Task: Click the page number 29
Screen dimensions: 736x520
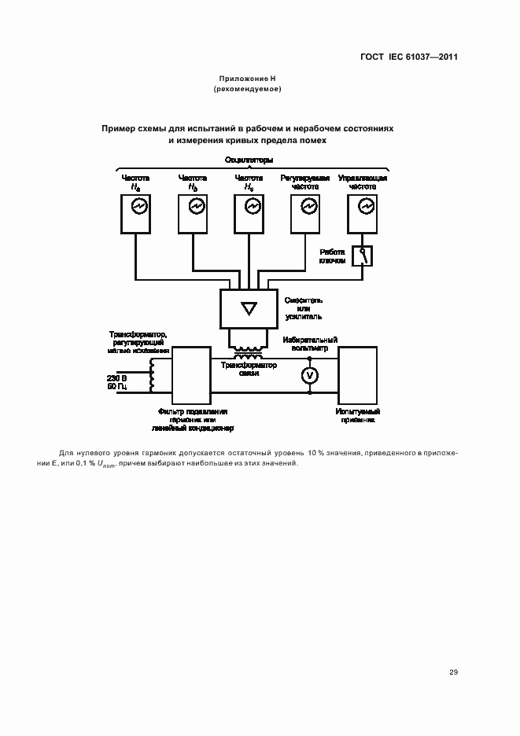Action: [453, 672]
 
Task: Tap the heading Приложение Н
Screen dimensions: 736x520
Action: [247, 79]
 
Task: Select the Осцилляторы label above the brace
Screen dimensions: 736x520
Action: [249, 160]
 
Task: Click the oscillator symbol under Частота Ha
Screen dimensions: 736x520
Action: [137, 206]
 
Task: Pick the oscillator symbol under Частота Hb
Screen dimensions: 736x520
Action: [195, 206]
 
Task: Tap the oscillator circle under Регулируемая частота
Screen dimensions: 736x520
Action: [308, 206]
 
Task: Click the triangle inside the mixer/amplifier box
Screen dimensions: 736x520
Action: [249, 307]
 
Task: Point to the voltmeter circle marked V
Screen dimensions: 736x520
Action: [310, 377]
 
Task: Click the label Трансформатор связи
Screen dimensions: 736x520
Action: [249, 370]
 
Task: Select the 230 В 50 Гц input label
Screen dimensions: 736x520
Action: [117, 382]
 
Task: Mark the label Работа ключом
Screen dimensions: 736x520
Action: [332, 256]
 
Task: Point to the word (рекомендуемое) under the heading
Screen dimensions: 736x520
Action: [247, 90]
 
